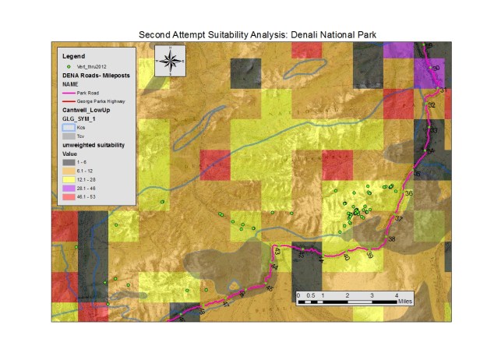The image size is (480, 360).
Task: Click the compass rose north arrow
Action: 171,60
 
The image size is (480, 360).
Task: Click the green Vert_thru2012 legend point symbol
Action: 68,66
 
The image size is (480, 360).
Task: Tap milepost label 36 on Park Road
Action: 409,192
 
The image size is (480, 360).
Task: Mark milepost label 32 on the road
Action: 431,104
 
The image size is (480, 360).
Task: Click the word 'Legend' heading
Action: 72,56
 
